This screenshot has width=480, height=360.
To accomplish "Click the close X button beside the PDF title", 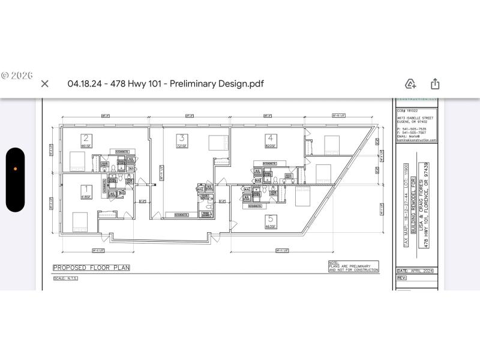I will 44,84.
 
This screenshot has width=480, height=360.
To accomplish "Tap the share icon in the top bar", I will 435,84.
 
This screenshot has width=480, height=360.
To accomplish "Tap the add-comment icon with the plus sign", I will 410,84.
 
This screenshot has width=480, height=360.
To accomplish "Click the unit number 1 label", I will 86,188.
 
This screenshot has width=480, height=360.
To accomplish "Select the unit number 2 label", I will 86,137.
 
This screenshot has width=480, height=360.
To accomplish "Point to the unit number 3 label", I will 181,137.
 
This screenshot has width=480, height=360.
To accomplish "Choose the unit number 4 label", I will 271,137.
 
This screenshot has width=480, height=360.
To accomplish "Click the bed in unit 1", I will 80,220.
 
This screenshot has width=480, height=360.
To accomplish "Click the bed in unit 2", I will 77,160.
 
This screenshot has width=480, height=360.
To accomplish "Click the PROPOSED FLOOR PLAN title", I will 91,268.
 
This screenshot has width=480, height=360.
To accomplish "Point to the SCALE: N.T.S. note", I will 65,278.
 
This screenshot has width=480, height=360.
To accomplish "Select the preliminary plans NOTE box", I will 353,267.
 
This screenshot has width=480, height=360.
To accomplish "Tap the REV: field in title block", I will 403,278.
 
